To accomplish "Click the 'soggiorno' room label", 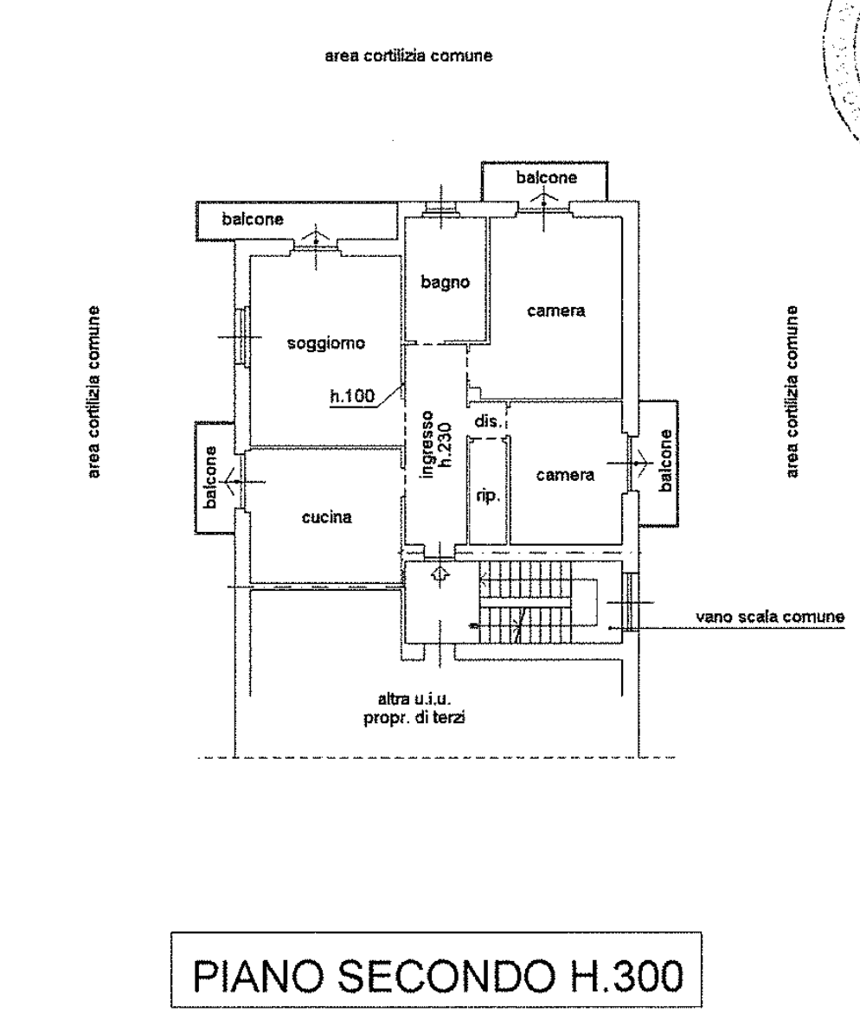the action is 326,343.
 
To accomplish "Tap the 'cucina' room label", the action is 327,517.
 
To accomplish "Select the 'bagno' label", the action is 446,283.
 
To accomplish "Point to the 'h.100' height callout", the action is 353,395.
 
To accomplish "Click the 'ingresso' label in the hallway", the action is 427,444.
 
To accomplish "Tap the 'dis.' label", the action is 488,421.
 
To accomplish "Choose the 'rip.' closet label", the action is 488,495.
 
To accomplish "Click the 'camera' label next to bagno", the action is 555,311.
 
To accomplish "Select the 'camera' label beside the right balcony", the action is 565,475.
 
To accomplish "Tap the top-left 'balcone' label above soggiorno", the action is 253,219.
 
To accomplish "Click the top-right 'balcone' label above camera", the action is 547,177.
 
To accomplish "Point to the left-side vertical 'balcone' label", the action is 210,477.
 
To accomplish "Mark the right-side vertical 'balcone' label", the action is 665,461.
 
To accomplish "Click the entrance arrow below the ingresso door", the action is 440,574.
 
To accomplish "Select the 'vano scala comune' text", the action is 770,616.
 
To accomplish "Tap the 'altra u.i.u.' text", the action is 414,699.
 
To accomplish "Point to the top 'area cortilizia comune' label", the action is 409,56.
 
